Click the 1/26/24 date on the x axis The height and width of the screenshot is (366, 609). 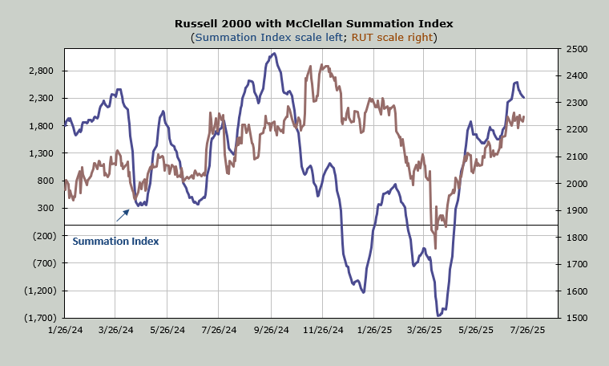tap(64, 329)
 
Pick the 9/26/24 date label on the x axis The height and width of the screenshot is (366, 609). tap(271, 329)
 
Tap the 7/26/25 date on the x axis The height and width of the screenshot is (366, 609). tap(527, 329)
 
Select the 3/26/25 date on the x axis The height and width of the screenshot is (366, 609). tap(424, 329)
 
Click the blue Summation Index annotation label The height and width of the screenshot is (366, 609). tap(115, 241)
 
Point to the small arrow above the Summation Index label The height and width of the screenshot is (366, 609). tap(123, 214)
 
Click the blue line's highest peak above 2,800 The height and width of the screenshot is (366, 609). tap(274, 54)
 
